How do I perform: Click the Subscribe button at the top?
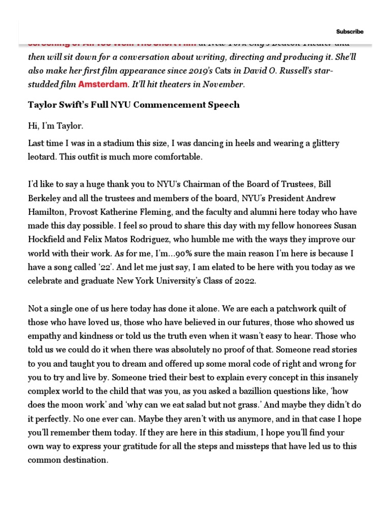[x=350, y=31]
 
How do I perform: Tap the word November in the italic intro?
[x=224, y=84]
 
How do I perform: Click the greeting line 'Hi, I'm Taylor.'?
[x=52, y=125]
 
